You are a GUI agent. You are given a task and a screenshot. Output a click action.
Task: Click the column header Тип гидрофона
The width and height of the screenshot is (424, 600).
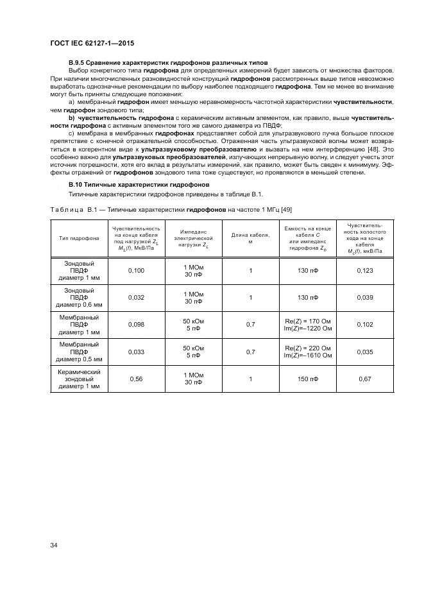pyautogui.click(x=79, y=238)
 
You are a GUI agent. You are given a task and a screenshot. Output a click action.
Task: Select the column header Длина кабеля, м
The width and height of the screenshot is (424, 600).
pyautogui.click(x=250, y=238)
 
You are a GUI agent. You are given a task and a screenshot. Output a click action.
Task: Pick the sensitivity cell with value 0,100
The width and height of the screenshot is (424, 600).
pyautogui.click(x=137, y=271)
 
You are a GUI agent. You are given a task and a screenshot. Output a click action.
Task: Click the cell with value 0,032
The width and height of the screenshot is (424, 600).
pyautogui.click(x=137, y=298)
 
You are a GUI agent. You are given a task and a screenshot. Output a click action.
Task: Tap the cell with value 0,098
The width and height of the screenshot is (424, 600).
pyautogui.click(x=137, y=325)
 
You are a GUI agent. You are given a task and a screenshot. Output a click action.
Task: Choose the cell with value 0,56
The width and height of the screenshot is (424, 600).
pyautogui.click(x=137, y=379)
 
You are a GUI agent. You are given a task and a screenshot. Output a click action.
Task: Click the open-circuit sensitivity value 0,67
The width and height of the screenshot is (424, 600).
pyautogui.click(x=364, y=379)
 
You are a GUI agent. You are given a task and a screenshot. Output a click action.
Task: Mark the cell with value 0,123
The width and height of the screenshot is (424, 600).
pyautogui.click(x=364, y=271)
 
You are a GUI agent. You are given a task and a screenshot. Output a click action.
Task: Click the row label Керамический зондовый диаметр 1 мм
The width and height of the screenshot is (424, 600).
pyautogui.click(x=79, y=379)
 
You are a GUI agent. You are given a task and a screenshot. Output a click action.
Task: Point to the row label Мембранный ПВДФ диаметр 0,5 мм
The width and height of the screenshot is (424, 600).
pyautogui.click(x=79, y=352)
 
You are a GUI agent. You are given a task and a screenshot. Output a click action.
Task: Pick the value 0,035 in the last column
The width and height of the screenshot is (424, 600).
pyautogui.click(x=364, y=352)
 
